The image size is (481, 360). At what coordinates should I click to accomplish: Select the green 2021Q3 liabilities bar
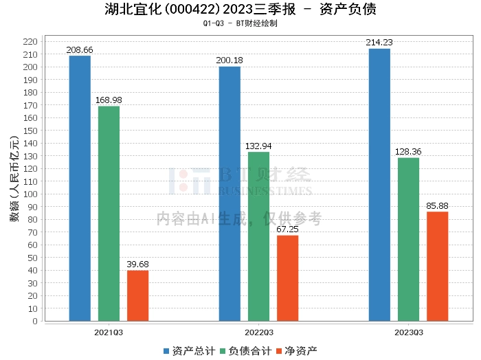pyautogui.click(x=109, y=213)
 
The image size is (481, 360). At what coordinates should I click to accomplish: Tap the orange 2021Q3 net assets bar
pyautogui.click(x=137, y=295)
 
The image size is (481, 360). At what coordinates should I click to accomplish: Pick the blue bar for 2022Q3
pyautogui.click(x=230, y=193)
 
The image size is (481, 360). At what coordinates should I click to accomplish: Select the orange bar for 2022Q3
pyautogui.click(x=287, y=278)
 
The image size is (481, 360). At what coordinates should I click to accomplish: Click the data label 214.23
pyautogui.click(x=379, y=43)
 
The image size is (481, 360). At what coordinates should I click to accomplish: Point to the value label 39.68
pyautogui.click(x=137, y=265)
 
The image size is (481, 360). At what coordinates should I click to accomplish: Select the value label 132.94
pyautogui.click(x=258, y=146)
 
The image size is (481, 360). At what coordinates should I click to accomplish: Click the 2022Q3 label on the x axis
pyautogui.click(x=258, y=333)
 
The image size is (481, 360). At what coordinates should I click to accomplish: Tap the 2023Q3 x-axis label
pyautogui.click(x=408, y=333)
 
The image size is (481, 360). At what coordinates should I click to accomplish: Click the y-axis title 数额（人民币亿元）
pyautogui.click(x=13, y=181)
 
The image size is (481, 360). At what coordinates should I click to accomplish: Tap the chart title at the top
pyautogui.click(x=240, y=9)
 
